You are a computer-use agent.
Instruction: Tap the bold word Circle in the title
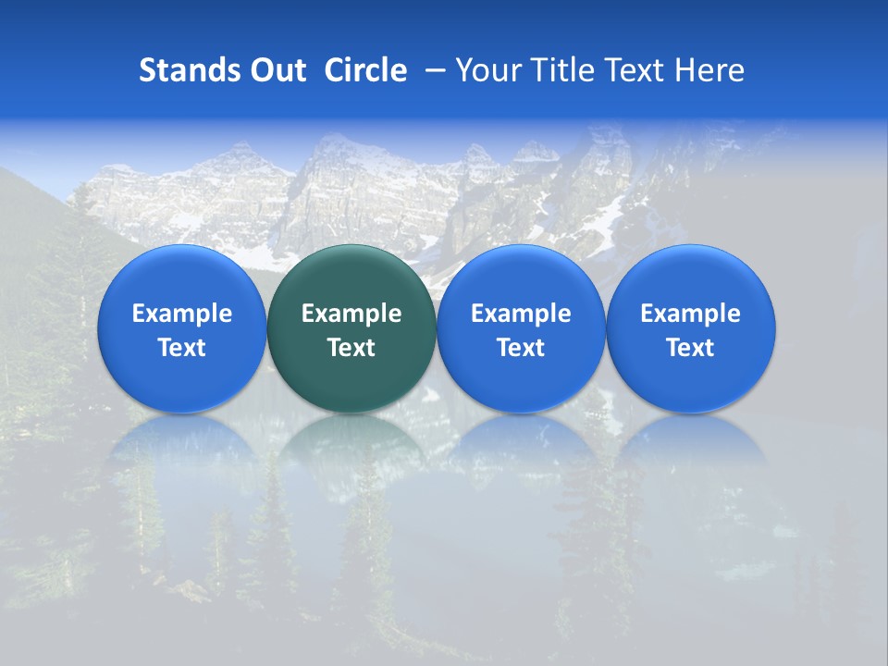point(365,70)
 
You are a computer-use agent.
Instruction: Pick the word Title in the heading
point(559,70)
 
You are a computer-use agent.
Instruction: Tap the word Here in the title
point(709,70)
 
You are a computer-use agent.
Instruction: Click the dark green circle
point(351,277)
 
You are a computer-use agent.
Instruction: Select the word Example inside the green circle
point(351,314)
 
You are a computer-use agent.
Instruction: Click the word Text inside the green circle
point(351,348)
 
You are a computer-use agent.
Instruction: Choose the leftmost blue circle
point(181,277)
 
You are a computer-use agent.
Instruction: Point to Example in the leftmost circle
point(181,314)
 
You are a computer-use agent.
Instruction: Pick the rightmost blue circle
point(691,277)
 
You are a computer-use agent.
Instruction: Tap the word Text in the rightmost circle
point(691,348)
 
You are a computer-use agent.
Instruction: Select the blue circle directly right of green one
point(521,277)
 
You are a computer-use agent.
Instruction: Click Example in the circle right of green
point(521,314)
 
